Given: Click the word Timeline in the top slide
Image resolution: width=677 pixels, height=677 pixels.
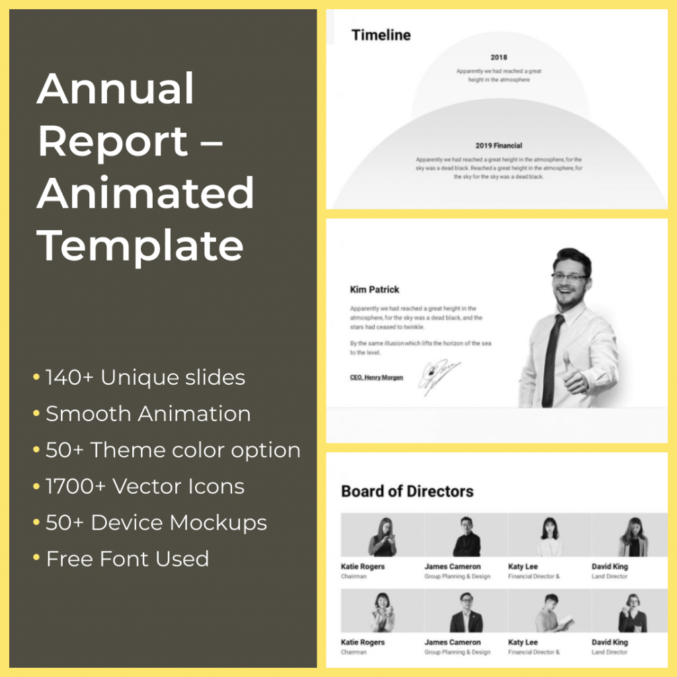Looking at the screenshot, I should pos(381,35).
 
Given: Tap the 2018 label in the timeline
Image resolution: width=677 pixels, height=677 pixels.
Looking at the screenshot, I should pos(499,58).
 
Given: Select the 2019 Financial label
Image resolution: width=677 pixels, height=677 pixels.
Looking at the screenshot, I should pos(498,145).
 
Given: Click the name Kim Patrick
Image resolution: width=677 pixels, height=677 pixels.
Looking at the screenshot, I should pos(374,290).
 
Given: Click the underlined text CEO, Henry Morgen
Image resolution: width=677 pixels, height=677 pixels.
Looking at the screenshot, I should pos(376,378).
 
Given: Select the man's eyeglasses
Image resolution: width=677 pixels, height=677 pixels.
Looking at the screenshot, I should pos(569,278).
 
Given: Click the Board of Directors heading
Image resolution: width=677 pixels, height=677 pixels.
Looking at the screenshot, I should pos(407,491).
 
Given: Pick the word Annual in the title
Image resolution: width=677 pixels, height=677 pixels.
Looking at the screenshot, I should pos(116,89).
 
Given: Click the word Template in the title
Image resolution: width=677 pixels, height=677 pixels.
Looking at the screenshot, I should pos(140,245).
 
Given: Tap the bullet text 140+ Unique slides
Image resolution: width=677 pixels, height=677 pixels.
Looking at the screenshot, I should pos(145,378).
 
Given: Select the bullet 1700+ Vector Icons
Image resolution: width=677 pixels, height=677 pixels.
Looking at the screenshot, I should pos(145,487).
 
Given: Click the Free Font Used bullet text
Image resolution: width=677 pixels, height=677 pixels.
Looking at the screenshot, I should pos(127,559).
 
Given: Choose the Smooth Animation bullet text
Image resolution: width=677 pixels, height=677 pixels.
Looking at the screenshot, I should pos(148,415).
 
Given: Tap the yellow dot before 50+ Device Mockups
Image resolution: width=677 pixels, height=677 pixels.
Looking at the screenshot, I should pos(36,523).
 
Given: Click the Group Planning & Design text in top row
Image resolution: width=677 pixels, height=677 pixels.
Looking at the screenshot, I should pos(458,577).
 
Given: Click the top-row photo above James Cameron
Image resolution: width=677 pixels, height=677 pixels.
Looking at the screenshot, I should pos(466,536).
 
